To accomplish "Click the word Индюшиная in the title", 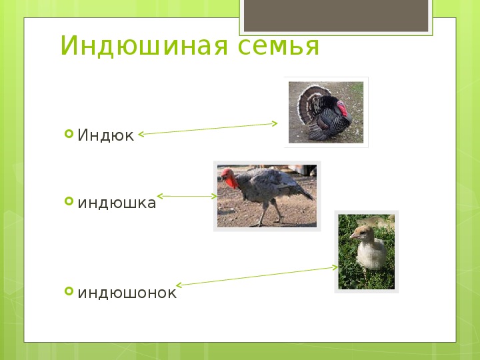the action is point(144,45).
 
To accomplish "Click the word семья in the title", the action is point(278,47).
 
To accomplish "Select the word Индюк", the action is point(105,135).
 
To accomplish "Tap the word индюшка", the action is point(117,203).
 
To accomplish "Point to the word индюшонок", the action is point(127,293).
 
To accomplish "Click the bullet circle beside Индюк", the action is point(69,134).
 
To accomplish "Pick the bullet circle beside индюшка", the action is point(69,201).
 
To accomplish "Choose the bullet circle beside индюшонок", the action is point(69,291).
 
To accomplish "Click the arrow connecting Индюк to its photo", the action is point(208,129).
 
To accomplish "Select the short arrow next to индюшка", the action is point(187,196).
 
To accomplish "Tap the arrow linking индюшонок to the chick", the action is point(257,276).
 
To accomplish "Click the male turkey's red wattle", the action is point(342,109).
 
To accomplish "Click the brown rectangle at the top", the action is point(336,15).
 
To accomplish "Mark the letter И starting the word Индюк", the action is point(83,135).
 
